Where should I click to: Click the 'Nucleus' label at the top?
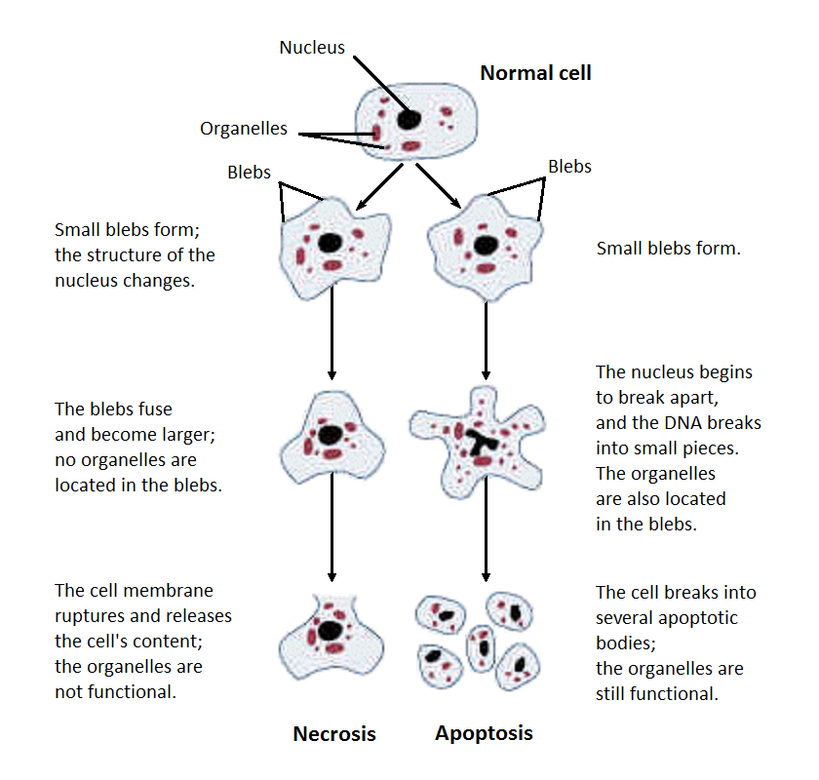point(312,47)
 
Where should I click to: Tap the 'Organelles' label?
point(244,129)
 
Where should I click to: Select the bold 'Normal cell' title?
point(535,73)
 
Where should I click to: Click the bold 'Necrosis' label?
point(334,734)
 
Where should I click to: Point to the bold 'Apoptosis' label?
point(485,733)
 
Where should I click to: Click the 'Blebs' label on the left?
point(250,172)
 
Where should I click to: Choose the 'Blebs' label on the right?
point(569,167)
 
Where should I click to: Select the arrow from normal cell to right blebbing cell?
point(440,186)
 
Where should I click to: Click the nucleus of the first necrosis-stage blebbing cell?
point(331,243)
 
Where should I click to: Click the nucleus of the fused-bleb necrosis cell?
point(331,434)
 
